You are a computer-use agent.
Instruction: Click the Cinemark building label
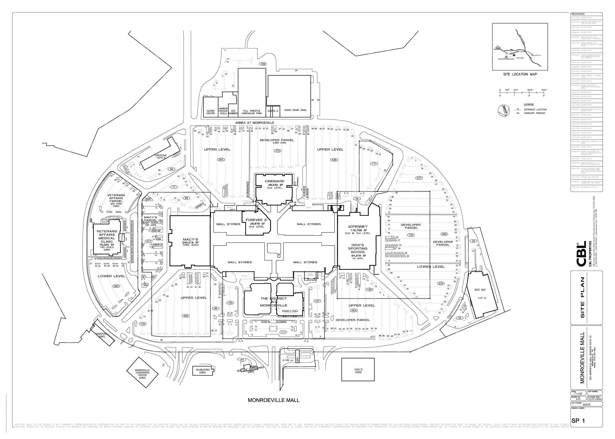(275, 181)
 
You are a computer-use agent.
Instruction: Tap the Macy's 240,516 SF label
(190, 239)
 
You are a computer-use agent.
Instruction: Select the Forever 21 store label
(256, 220)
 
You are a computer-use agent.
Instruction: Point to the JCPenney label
(358, 227)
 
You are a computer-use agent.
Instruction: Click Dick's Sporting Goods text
(358, 248)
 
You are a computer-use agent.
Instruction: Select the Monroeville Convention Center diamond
(142, 373)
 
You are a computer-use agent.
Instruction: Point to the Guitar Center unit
(210, 112)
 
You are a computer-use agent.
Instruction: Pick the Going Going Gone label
(295, 110)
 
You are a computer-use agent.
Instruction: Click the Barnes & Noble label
(290, 311)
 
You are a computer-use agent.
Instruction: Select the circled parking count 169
(262, 64)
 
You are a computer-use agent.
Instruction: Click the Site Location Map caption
(520, 74)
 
